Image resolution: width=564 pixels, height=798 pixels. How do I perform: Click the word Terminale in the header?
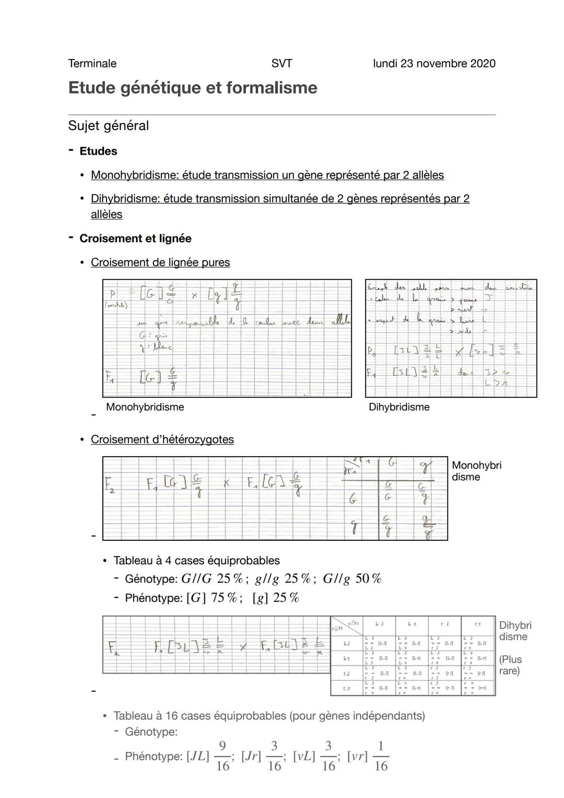(x=92, y=64)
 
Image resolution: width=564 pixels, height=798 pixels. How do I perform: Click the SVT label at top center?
(x=281, y=64)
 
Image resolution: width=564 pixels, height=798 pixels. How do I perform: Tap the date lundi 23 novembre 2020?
(x=434, y=64)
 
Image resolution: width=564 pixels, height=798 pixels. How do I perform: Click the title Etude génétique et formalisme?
(x=192, y=88)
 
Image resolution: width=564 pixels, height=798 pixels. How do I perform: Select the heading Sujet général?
(x=108, y=126)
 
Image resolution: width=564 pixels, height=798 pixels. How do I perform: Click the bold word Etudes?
(x=98, y=152)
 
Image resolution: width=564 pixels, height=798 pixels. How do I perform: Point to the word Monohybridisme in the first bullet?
(x=134, y=175)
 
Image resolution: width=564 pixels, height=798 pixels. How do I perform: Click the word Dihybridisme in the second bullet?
(x=125, y=199)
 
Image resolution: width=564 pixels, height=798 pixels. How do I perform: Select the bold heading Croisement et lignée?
(x=135, y=239)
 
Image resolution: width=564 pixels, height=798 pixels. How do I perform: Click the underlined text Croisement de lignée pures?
(x=160, y=263)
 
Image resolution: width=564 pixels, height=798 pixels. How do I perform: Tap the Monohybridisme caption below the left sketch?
(x=145, y=407)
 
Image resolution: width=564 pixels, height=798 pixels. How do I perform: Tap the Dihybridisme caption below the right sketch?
(x=399, y=407)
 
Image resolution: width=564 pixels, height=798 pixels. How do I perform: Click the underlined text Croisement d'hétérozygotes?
(x=162, y=440)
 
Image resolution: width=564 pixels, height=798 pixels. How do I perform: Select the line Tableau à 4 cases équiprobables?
(x=196, y=561)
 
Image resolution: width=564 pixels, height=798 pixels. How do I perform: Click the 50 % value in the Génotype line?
(x=368, y=579)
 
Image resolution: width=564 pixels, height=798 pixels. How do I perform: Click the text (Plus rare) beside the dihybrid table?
(x=510, y=665)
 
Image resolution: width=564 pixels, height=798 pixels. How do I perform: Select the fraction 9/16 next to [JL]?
(x=222, y=756)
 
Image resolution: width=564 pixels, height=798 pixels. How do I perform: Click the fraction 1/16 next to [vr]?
(x=381, y=756)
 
